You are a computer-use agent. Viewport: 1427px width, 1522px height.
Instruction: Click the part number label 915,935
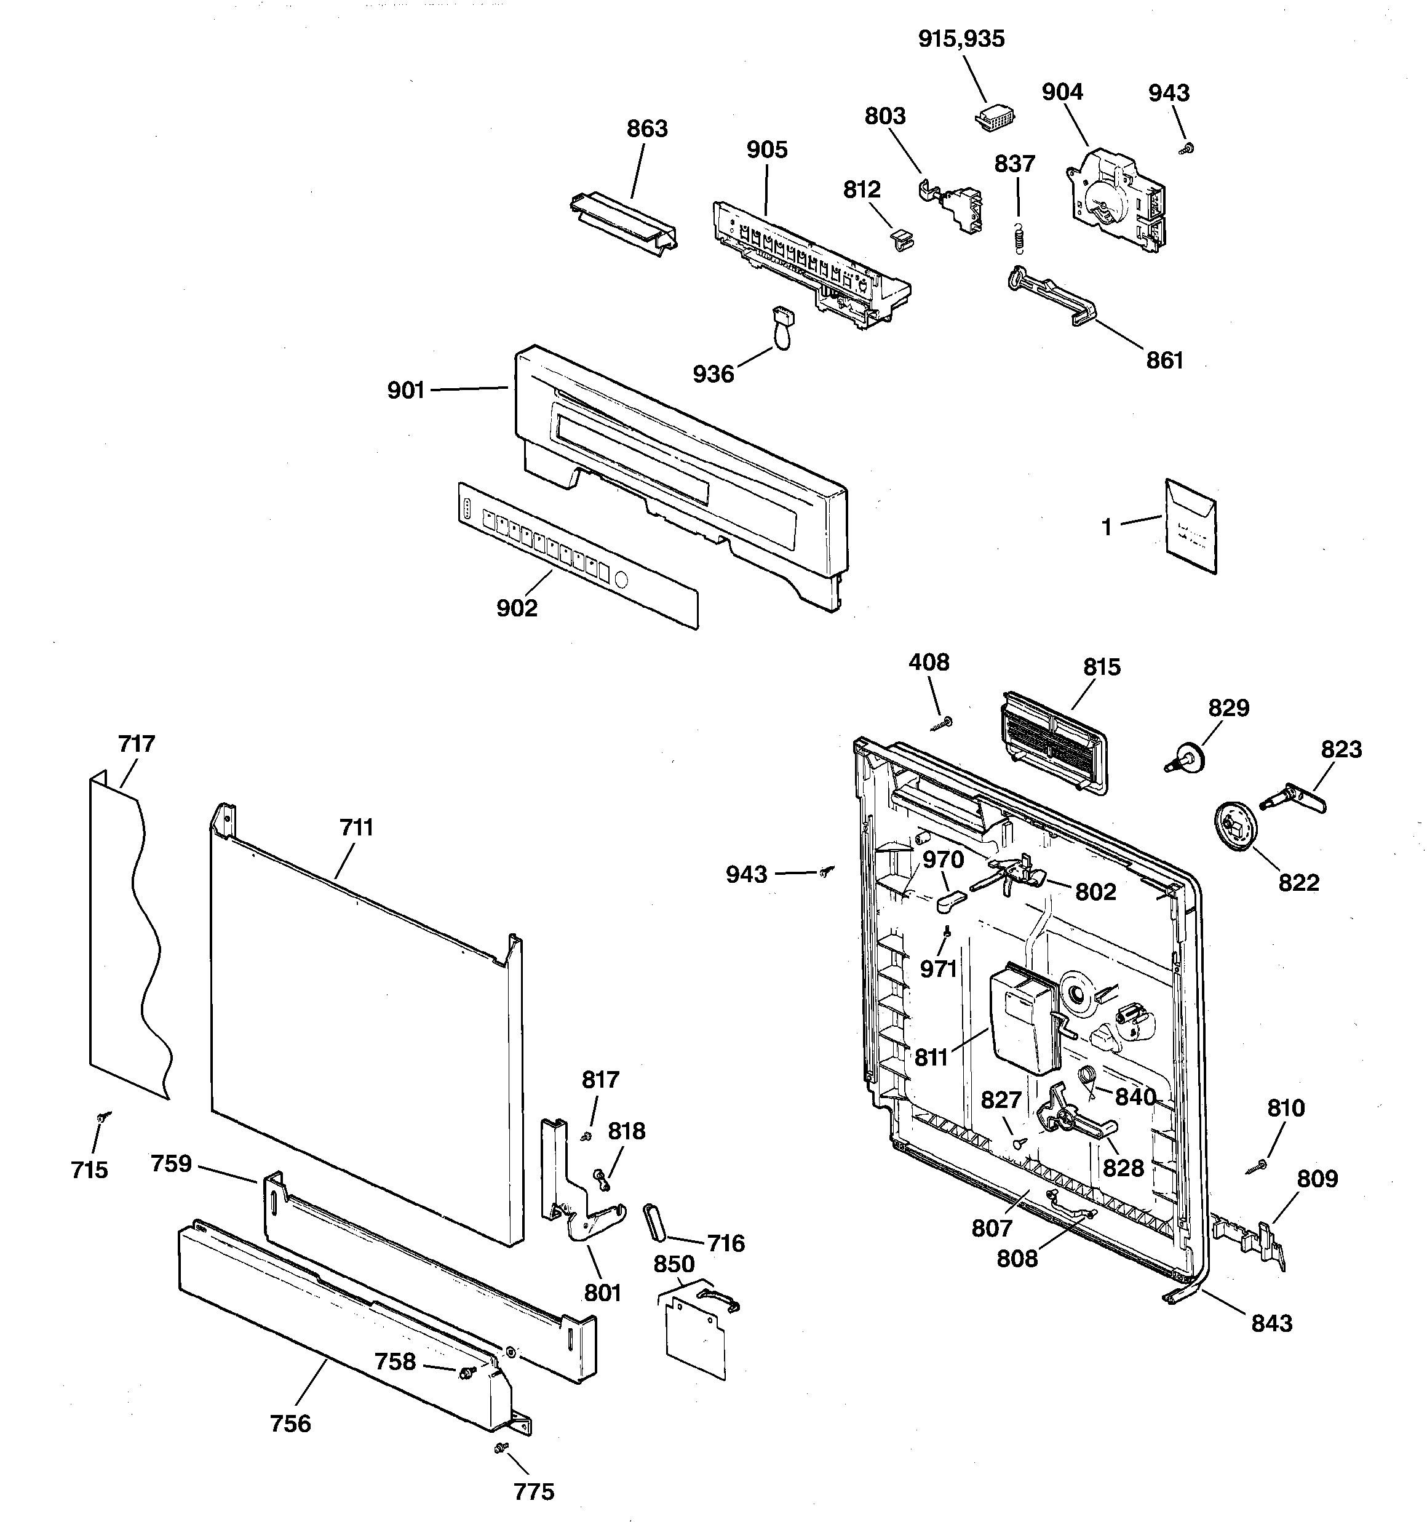(961, 39)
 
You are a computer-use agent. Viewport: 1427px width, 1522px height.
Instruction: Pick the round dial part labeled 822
(1236, 826)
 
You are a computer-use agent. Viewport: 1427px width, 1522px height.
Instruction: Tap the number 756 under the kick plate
(291, 1423)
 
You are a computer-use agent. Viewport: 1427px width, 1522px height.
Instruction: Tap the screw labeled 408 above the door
(943, 723)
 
